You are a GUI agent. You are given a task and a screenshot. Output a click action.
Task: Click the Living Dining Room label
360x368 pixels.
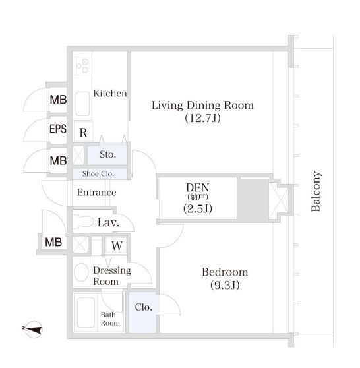coord(202,106)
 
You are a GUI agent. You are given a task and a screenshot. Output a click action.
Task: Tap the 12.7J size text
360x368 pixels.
coord(202,118)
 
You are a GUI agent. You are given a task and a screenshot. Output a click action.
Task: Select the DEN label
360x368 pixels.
coord(198,187)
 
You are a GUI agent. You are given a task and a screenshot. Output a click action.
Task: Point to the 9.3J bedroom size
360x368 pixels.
coord(225,285)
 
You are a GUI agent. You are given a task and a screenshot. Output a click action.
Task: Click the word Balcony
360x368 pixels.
coord(316,191)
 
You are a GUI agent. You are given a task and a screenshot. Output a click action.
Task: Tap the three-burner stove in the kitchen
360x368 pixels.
coord(82,66)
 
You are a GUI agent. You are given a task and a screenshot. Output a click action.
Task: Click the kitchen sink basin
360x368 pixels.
coord(82,104)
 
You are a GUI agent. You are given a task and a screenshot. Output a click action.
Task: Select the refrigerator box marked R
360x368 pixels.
coord(83,131)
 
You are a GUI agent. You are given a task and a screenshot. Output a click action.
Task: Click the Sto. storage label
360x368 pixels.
coord(107,154)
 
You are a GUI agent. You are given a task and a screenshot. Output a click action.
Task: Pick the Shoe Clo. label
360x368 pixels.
coord(98,174)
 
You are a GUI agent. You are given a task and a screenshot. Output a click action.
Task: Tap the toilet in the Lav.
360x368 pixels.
coord(82,222)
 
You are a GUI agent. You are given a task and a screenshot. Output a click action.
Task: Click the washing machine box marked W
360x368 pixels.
coord(117,245)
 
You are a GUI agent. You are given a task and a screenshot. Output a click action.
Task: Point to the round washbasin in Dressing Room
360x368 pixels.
coord(81,272)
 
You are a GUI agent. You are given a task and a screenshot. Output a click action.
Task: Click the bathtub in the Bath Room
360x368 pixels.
coord(86,313)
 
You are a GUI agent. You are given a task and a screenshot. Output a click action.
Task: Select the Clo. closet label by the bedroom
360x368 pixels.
coord(143,307)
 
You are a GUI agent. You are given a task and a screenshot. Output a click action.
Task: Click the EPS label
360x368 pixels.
coord(58,129)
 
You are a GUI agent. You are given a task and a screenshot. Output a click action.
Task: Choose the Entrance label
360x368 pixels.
coord(97,193)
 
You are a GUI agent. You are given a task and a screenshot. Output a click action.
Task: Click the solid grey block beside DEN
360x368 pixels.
coord(253,200)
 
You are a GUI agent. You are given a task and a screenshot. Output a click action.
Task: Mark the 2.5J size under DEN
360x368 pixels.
coord(198,208)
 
